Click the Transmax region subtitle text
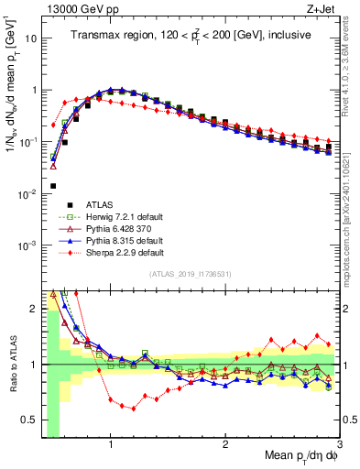pos(190,35)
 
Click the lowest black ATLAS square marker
pos(52,186)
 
